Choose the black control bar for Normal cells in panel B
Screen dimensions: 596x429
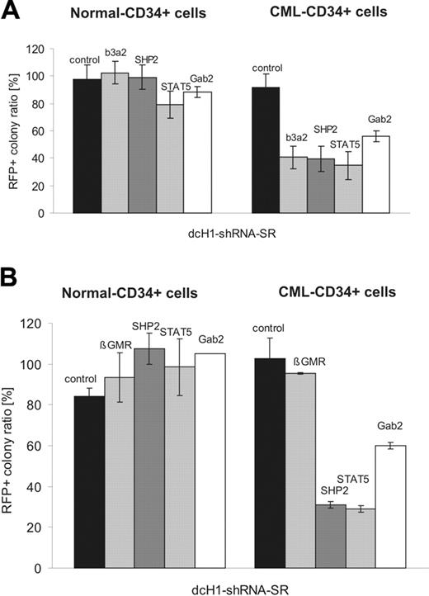[x=89, y=482]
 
